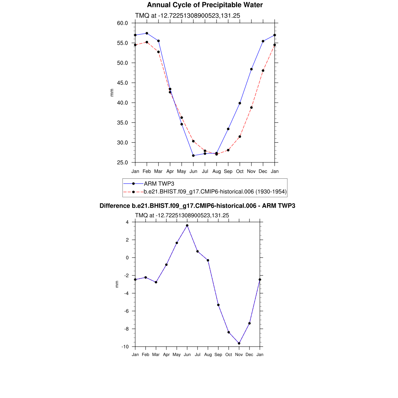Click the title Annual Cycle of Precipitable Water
coord(205,5)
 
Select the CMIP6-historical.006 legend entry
coord(215,192)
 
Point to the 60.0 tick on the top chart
coord(122,23)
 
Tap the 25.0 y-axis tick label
coord(122,162)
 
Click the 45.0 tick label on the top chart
coord(122,83)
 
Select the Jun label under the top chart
coord(193,171)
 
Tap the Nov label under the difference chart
coord(239,354)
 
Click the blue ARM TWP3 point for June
coord(193,155)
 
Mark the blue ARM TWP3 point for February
coord(147,33)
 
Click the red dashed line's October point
coord(240,136)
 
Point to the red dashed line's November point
coord(251,108)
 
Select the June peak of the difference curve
coord(187,225)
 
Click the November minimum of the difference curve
coord(239,343)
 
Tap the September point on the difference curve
coord(218,305)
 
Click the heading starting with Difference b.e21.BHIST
coord(197,206)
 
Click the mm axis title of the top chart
coord(112,93)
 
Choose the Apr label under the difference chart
coord(166,354)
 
